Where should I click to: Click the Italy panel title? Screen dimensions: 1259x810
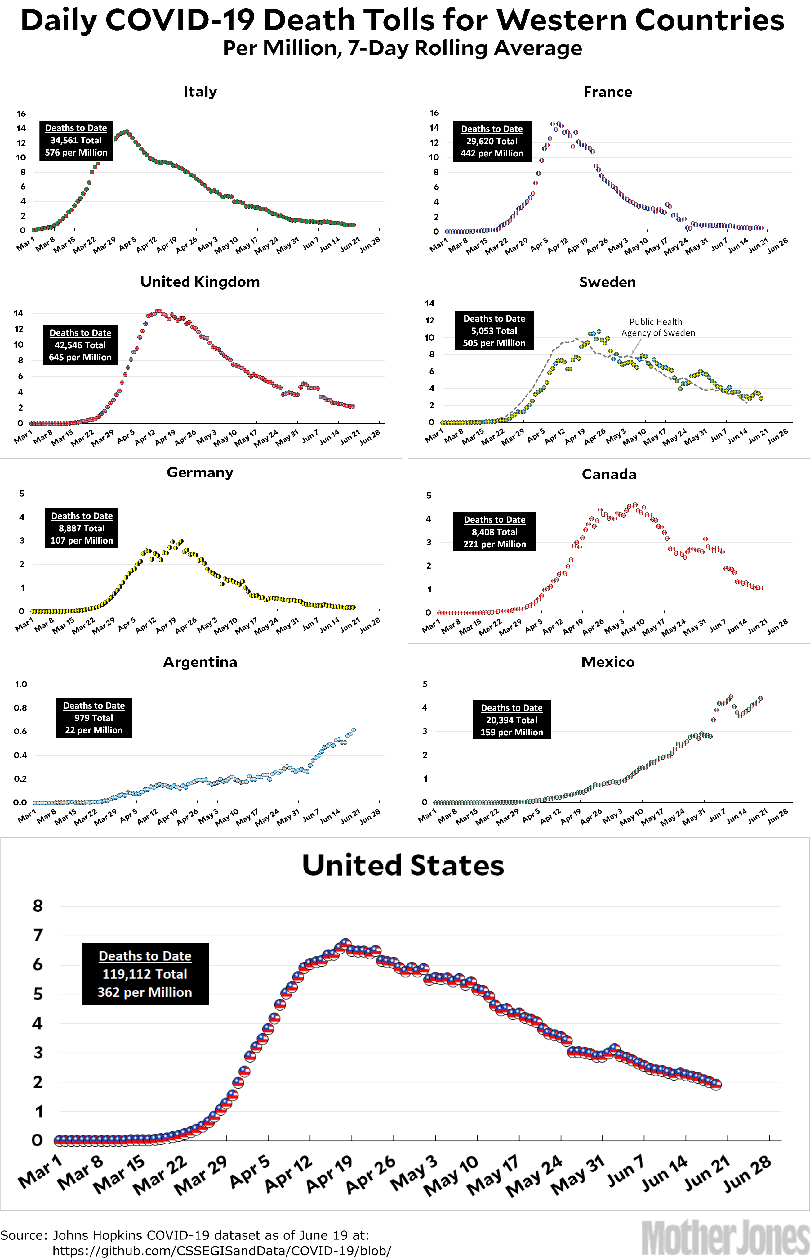pos(200,92)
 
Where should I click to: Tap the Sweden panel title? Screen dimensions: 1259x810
pos(607,282)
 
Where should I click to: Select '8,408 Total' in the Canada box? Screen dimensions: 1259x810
pos(494,532)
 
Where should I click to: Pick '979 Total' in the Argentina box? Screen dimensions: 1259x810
pos(94,718)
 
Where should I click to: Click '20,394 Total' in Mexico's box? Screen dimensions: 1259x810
pos(511,720)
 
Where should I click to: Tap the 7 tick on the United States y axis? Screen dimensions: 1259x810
pos(38,935)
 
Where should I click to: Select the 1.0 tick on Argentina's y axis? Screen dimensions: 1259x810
pos(21,684)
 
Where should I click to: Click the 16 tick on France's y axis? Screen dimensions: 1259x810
pos(434,113)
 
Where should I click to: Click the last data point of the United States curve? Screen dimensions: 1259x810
pos(716,1085)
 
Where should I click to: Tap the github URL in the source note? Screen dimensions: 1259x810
pos(221,1251)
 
